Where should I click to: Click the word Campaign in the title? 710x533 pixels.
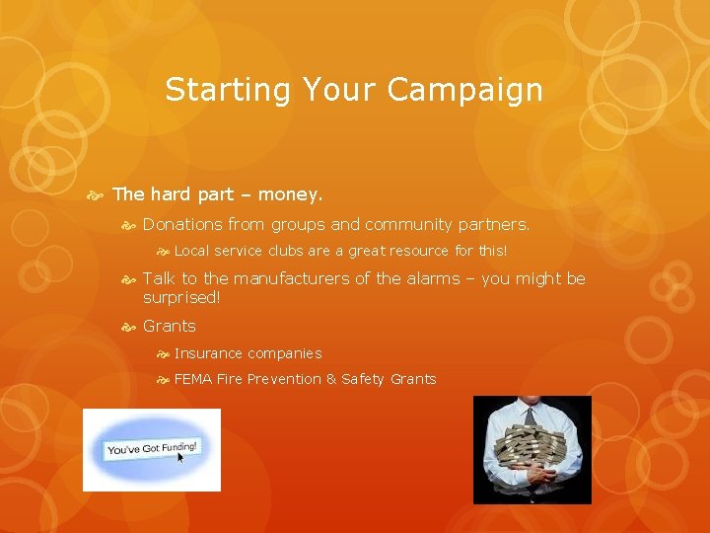[464, 91]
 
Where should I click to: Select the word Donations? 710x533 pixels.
[182, 225]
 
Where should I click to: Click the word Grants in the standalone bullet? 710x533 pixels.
[170, 326]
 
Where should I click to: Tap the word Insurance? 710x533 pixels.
[208, 353]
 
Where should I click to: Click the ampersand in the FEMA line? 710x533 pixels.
[330, 379]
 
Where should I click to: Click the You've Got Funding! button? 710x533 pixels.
[152, 448]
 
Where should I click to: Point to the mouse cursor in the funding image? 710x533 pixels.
[181, 458]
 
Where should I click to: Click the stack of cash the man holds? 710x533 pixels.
[532, 453]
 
